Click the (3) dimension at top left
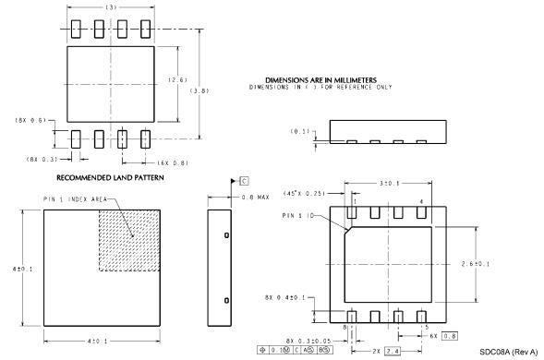point(110,7)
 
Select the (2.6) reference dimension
point(179,79)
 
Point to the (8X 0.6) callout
point(33,121)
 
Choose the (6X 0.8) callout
point(173,162)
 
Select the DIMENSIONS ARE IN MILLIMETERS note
point(319,80)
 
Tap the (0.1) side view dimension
point(300,131)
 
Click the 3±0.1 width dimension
point(389,185)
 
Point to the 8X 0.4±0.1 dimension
point(287,297)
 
